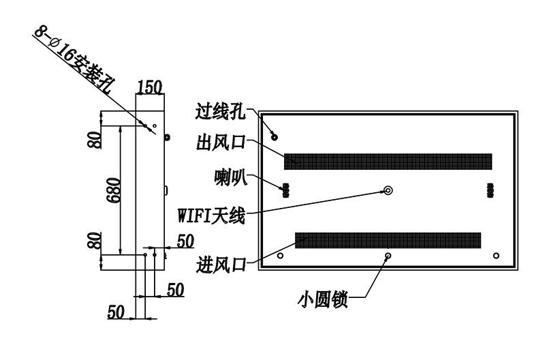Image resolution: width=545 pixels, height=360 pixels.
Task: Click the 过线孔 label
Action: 220,111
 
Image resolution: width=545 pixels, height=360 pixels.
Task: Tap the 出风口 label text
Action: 221,142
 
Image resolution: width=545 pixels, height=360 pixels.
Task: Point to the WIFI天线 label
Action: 211,215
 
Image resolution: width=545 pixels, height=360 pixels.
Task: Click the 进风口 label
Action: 221,265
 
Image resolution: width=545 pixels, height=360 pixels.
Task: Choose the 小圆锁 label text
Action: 323,299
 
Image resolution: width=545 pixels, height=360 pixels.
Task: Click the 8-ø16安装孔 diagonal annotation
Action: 72,60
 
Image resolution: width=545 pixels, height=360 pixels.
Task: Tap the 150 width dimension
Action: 150,87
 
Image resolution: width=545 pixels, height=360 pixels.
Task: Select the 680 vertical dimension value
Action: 114,190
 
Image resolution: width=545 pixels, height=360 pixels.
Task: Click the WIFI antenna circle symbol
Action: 388,190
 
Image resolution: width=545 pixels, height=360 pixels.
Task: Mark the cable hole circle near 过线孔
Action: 275,137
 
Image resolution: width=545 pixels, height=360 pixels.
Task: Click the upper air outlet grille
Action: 388,162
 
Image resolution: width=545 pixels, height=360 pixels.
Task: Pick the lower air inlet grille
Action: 388,241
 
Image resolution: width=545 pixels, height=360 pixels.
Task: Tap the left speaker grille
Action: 285,191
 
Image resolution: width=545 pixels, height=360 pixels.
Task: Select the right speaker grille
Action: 490,191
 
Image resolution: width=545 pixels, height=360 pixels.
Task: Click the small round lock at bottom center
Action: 388,256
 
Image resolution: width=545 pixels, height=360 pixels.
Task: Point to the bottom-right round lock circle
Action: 496,256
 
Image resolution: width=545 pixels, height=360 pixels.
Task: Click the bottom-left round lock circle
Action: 280,256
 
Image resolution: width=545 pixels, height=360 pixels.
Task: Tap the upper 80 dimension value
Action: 95,140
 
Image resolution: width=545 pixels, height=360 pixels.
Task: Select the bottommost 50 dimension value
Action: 116,312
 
